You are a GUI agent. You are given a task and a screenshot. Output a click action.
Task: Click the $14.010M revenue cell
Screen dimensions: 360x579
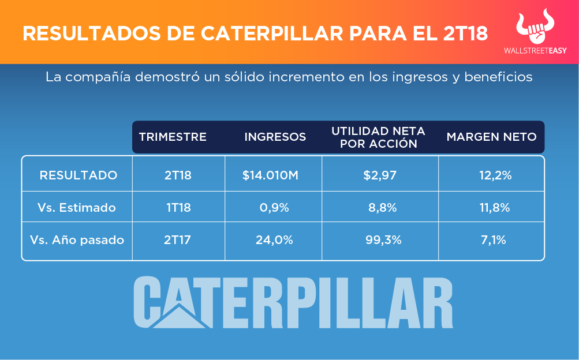(270, 175)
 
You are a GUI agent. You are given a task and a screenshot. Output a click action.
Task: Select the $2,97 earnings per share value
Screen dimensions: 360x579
(380, 175)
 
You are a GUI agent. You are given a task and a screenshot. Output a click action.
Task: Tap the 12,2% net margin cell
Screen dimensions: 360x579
(495, 175)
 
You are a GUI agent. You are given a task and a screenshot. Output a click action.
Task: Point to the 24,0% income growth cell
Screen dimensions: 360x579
(274, 239)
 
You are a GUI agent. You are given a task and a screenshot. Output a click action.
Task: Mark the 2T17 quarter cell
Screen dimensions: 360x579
(178, 239)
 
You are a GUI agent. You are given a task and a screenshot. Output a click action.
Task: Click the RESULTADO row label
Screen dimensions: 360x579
(78, 175)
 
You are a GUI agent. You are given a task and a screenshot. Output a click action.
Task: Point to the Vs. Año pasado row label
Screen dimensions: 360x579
(77, 239)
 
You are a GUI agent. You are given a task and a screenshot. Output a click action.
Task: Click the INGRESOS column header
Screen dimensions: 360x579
(275, 137)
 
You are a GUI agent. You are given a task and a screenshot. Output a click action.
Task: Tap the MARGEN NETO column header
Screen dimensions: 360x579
(491, 137)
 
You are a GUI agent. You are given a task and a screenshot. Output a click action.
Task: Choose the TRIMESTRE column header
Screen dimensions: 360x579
(173, 137)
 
